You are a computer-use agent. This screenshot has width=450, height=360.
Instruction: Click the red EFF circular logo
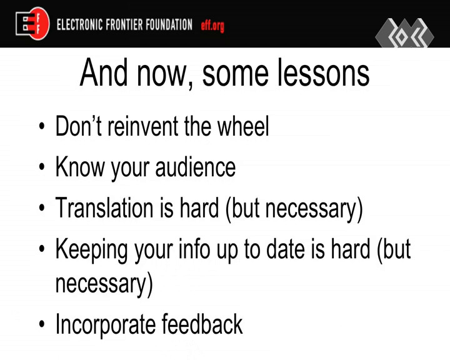coord(38,24)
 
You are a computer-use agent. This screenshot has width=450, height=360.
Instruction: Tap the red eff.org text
coord(212,26)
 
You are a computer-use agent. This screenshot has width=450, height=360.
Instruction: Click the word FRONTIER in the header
coord(124,24)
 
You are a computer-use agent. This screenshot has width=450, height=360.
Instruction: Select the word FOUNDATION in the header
coord(169,24)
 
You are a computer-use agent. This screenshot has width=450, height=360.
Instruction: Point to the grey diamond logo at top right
coord(404,33)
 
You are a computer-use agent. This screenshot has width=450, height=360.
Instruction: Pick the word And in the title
coord(104,72)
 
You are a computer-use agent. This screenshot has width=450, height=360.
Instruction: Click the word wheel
coord(243,126)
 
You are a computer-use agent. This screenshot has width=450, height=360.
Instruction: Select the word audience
coord(196,167)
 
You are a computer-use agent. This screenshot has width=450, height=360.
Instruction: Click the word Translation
coord(104,207)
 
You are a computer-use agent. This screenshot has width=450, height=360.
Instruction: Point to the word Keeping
coord(92,250)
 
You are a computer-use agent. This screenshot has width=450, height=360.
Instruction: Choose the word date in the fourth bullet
coord(286,249)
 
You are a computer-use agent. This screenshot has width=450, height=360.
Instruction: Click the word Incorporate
coord(106,325)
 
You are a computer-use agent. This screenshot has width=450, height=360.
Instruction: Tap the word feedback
coord(202,324)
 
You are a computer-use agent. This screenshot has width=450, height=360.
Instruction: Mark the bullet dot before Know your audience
coord(42,167)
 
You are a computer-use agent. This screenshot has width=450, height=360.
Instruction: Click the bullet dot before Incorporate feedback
coord(42,324)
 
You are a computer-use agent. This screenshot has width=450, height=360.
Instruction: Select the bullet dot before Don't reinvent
coord(42,126)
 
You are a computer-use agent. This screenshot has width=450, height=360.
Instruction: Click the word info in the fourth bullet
coord(194,249)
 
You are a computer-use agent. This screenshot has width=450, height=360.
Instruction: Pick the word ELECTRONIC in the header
coord(79,24)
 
